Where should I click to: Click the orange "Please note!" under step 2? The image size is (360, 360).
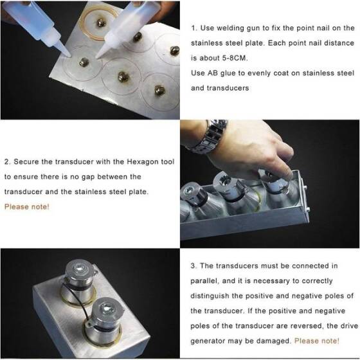26,206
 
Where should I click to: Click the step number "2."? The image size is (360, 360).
8,161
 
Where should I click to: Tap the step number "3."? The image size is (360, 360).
195,265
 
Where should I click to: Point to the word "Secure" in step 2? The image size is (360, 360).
28,161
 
